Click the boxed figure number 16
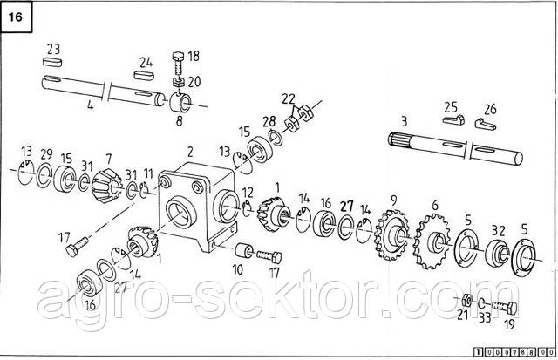click(x=16, y=17)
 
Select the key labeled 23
click(x=52, y=62)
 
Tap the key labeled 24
click(x=144, y=75)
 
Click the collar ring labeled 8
click(x=180, y=103)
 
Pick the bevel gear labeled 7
click(x=106, y=185)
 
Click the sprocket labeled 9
click(x=391, y=235)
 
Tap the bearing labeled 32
click(x=497, y=252)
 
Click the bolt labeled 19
click(x=505, y=307)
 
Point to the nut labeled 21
click(x=466, y=301)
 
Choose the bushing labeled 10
click(x=245, y=250)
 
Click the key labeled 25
click(x=453, y=119)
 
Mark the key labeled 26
click(x=486, y=124)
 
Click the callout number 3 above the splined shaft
click(x=404, y=122)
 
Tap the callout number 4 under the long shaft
click(x=91, y=105)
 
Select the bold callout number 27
click(x=347, y=206)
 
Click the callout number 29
click(x=46, y=155)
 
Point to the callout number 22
click(x=289, y=98)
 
